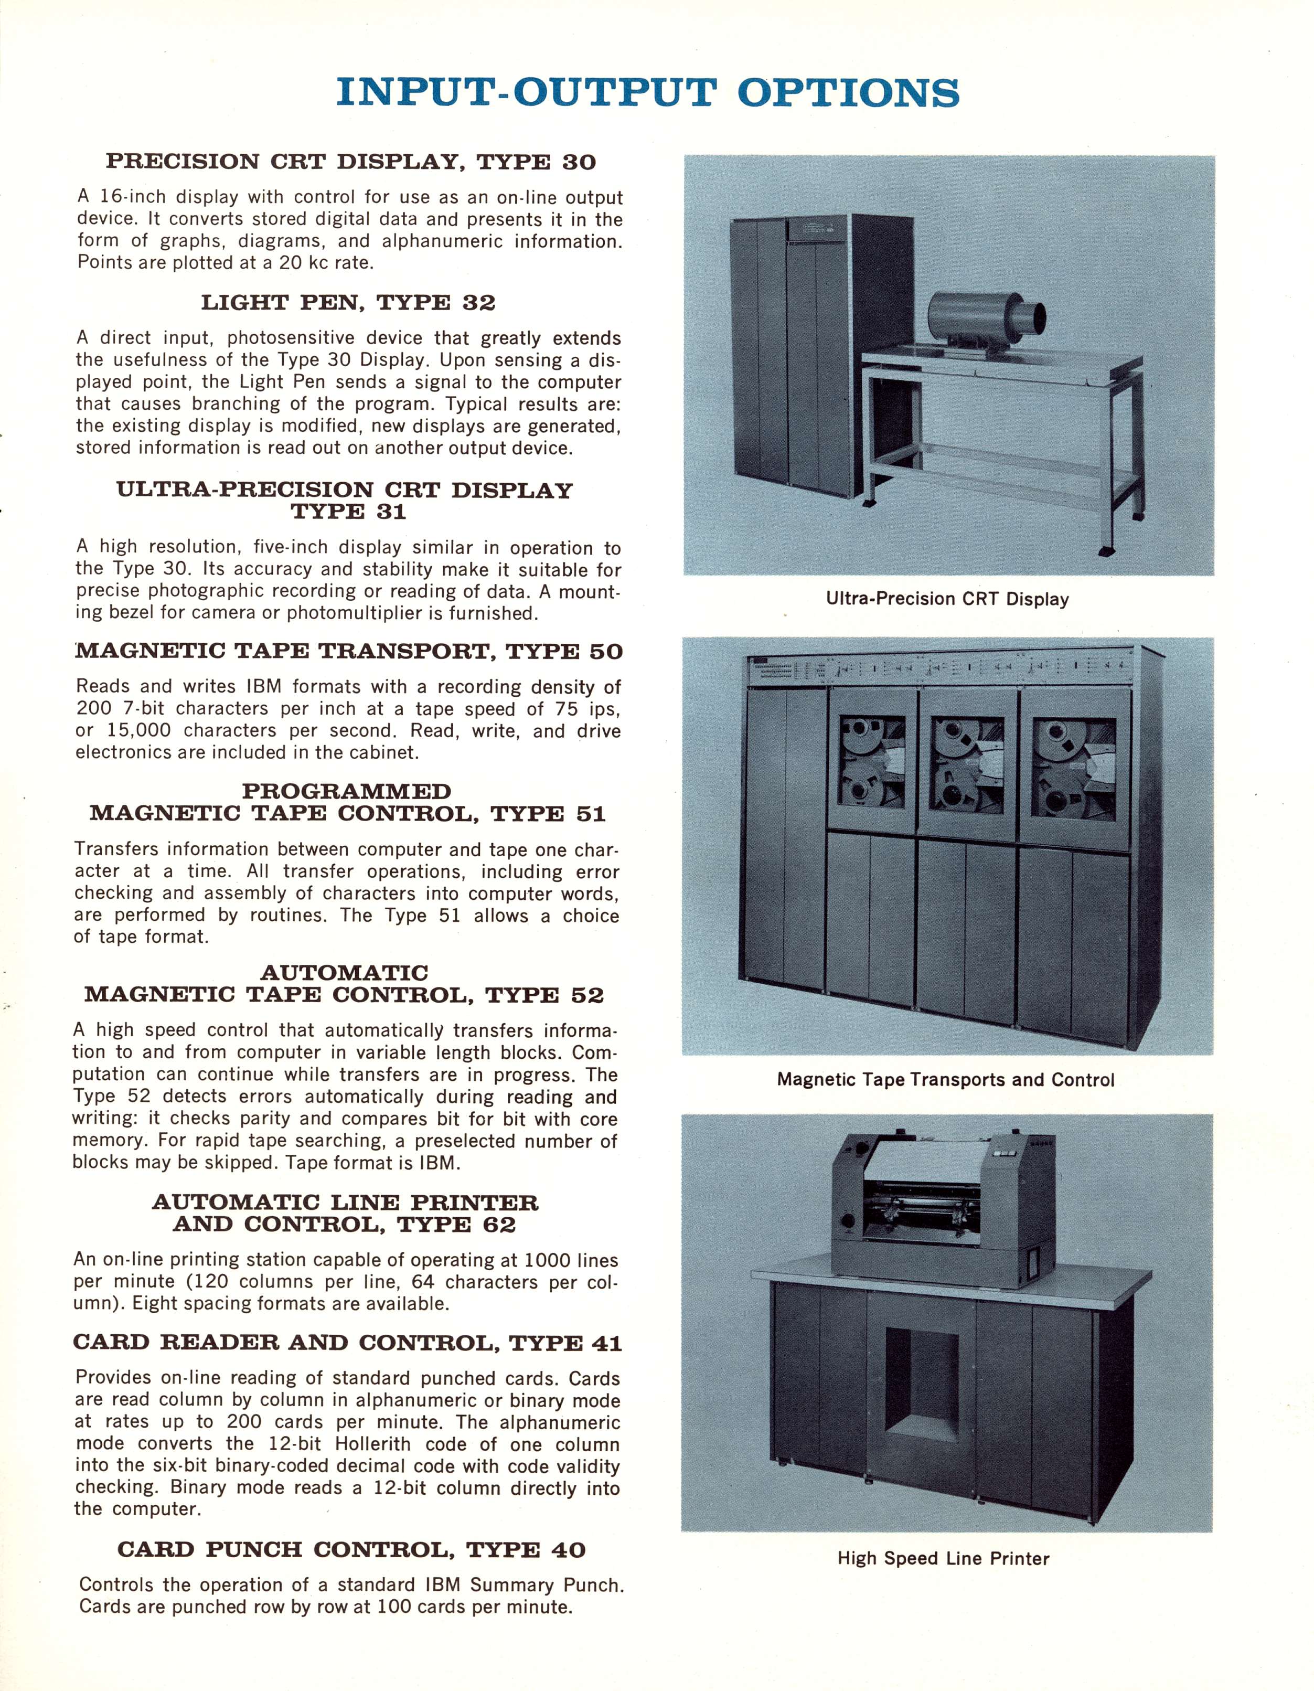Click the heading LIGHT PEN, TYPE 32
tap(348, 303)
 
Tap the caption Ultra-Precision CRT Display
tap(947, 599)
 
